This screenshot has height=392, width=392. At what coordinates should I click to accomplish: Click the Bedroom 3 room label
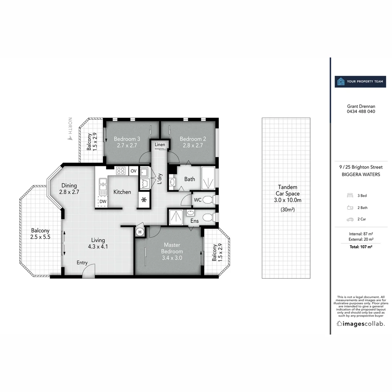[127, 139]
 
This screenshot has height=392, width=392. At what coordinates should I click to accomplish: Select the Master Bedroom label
[172, 248]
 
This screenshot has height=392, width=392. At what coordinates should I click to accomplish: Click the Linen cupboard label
[160, 144]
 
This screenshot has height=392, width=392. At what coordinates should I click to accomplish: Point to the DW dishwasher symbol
[103, 201]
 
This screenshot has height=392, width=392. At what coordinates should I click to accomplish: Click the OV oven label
[133, 171]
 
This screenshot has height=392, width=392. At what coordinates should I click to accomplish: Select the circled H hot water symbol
[139, 231]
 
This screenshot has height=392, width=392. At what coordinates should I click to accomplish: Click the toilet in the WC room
[208, 200]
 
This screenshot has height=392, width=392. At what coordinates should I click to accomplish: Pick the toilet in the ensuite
[208, 217]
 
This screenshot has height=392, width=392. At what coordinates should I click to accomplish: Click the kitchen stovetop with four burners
[121, 171]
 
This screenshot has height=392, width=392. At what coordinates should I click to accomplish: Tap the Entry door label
[82, 262]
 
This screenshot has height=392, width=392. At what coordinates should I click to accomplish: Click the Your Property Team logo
[360, 82]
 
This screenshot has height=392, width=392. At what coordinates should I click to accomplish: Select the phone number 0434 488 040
[361, 111]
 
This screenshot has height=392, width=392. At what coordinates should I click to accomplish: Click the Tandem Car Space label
[287, 193]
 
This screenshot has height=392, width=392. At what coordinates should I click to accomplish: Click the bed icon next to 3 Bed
[350, 195]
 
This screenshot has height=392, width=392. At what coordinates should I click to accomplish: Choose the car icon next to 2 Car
[350, 220]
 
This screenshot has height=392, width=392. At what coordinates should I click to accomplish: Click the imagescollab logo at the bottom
[360, 324]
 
